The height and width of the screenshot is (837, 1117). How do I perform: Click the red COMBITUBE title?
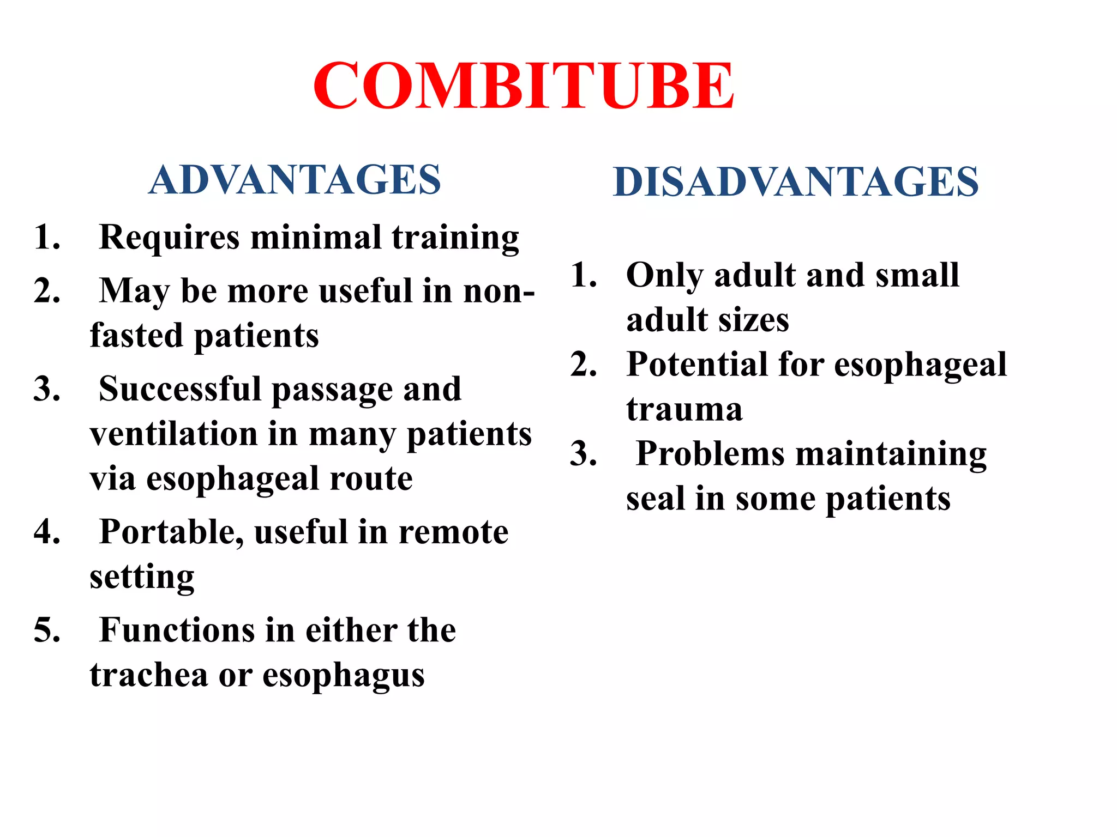coord(524,86)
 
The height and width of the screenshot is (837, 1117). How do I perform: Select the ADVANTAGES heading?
coord(295,180)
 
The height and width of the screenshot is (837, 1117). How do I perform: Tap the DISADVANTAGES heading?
coord(796,181)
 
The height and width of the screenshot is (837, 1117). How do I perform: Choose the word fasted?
coord(136,335)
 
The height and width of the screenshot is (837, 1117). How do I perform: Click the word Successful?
coord(180,389)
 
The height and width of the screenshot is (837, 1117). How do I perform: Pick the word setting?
coord(142,578)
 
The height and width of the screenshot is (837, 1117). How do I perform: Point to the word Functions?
coord(177,630)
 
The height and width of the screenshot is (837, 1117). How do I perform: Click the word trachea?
coord(149,675)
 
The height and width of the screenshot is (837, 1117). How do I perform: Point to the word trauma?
coord(684,409)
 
